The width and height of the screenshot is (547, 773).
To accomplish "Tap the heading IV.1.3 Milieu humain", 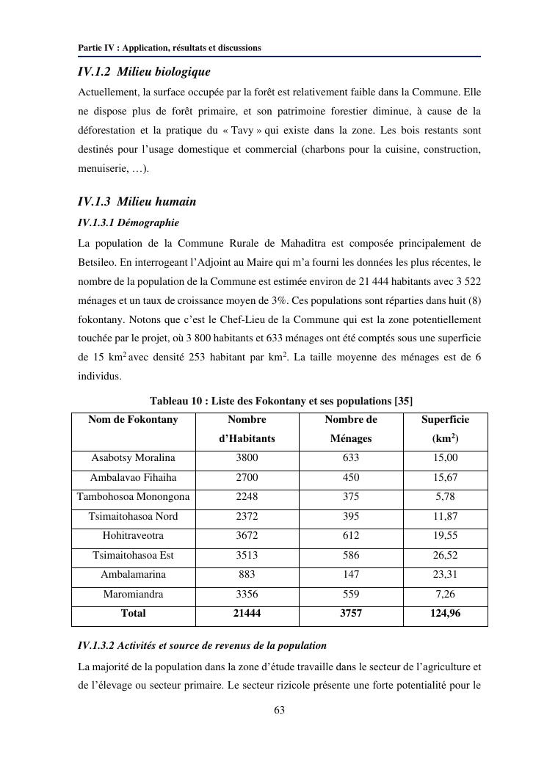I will click(137, 201).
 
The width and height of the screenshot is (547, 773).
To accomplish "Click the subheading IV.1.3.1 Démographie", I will click(128, 222).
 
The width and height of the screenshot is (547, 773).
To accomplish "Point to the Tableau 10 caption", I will click(281, 401).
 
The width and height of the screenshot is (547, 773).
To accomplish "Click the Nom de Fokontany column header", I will click(133, 420).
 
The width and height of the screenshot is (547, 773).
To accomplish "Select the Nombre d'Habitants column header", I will click(247, 429).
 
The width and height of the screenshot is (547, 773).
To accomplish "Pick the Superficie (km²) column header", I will click(445, 429).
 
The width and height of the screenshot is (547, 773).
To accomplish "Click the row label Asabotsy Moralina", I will click(133, 458).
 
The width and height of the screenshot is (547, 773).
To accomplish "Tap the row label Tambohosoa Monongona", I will click(133, 497).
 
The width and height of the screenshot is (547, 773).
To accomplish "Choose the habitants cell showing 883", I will click(247, 574).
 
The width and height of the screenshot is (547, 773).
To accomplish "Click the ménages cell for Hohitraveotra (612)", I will click(351, 536).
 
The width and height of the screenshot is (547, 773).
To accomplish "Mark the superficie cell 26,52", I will click(445, 555).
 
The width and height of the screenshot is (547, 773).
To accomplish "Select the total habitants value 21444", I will click(247, 613).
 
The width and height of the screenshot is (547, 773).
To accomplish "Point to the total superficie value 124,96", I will click(445, 613).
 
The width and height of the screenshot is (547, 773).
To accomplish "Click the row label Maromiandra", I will click(133, 594).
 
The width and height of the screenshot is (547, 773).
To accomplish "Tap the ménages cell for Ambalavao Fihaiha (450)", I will click(351, 478).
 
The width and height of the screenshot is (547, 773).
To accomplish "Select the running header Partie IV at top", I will click(169, 48).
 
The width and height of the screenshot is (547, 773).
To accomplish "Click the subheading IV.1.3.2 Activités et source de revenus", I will click(202, 646).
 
